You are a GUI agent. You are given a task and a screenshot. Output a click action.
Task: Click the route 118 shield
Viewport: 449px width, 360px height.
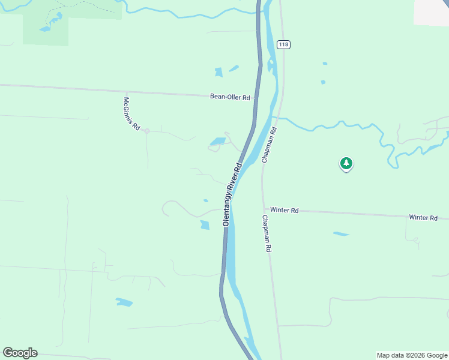pos(284,44)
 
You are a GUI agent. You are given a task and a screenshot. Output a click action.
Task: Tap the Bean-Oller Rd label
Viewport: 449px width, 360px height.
pos(229,96)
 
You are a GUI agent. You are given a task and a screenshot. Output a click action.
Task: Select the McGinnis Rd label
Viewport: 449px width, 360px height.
pos(131,114)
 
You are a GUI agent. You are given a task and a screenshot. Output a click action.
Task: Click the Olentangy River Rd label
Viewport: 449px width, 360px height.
pos(232,193)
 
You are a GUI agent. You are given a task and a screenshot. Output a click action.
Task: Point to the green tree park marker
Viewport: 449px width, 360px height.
pos(346,163)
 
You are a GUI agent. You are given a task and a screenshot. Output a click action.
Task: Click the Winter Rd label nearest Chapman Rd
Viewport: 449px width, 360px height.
pos(285,210)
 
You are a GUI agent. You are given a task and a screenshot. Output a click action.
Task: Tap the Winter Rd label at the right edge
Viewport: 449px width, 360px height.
pos(423,217)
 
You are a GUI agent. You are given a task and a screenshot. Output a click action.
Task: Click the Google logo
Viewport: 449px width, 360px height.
pos(20,353)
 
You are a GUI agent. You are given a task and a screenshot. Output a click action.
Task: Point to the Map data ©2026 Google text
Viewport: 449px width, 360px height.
pos(412,355)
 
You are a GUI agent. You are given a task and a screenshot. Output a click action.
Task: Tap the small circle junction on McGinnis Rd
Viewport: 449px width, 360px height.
pos(146,130)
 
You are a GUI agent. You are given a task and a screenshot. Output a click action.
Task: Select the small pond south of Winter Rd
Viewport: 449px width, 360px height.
pos(341,233)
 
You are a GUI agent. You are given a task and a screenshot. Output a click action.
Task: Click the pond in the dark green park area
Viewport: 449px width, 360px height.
pos(46,28)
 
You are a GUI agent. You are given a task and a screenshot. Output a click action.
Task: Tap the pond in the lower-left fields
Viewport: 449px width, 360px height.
pos(124,302)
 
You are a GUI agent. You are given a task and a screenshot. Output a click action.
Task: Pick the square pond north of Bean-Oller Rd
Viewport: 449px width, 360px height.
pos(218,73)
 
